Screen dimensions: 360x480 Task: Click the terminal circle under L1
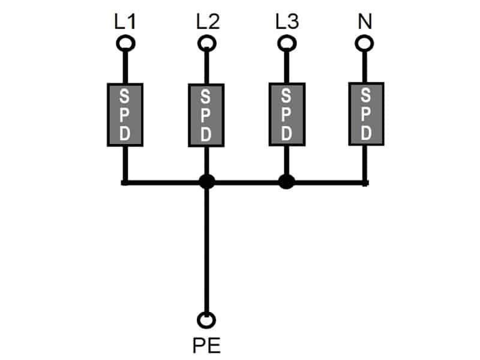tap(125, 43)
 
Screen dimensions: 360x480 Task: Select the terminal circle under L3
tap(286, 43)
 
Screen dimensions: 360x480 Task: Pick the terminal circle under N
tap(363, 43)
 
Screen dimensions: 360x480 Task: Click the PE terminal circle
tap(207, 320)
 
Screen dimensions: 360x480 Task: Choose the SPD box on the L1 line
tap(125, 115)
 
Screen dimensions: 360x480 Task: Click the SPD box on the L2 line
tap(206, 115)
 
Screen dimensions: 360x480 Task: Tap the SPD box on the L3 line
tap(286, 115)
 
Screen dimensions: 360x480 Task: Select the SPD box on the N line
tap(365, 115)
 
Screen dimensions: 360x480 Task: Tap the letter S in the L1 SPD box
tap(125, 97)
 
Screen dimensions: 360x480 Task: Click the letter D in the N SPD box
tap(365, 132)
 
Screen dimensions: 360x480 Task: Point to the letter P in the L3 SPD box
tap(286, 114)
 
